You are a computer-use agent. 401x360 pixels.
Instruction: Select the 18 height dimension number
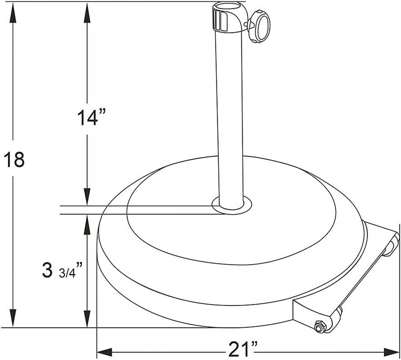14,160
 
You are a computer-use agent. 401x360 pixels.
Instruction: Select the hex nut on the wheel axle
320,327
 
